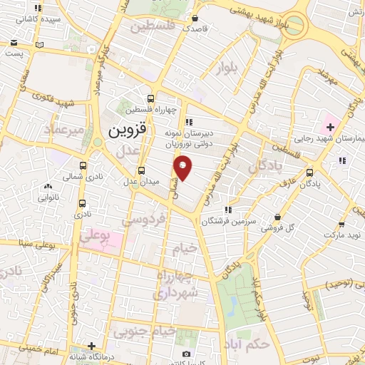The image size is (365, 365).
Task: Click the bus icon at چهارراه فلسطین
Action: point(150,99)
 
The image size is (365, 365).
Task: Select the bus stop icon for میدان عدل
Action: point(141,170)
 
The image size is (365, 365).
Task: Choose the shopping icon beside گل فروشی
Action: point(277,217)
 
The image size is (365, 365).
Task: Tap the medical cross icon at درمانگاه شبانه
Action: point(91,346)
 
